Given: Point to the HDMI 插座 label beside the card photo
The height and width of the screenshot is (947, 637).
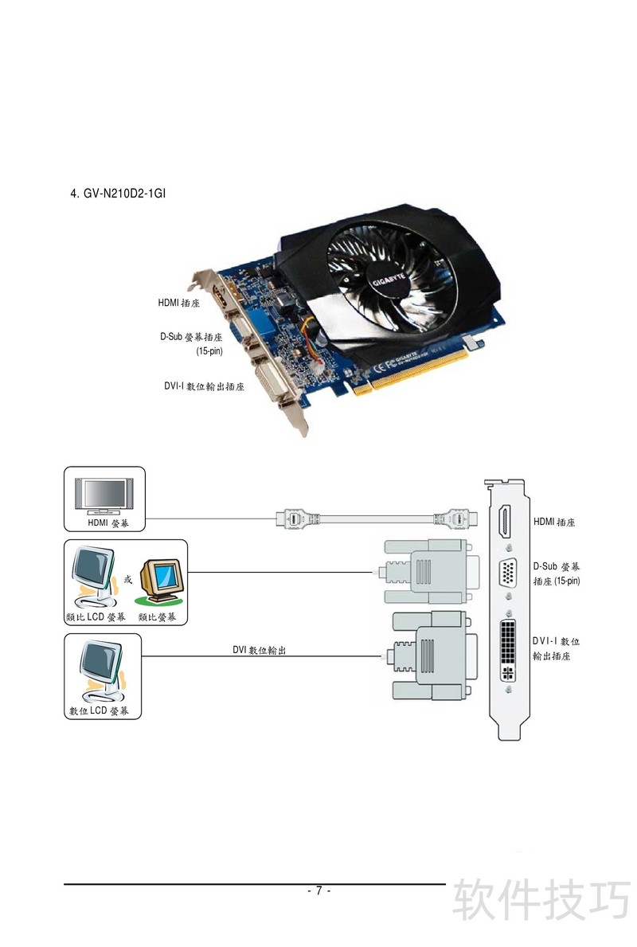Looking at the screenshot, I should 178,303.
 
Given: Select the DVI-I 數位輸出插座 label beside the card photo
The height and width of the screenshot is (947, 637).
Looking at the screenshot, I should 204,387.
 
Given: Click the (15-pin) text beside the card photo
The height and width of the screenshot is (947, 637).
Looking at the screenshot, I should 209,350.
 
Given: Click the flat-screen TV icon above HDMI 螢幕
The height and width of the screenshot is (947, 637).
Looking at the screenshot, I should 104,494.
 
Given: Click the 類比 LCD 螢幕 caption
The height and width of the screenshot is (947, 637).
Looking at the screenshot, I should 95,617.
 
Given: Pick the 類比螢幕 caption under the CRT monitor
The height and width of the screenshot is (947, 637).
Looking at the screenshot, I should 158,617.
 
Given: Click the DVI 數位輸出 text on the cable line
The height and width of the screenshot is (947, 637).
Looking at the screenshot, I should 259,651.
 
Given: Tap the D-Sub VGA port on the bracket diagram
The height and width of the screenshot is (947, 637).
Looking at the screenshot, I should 507,573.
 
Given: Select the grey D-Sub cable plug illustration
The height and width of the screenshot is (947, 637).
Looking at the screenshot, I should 430,571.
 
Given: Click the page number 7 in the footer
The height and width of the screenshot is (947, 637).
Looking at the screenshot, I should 318,890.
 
